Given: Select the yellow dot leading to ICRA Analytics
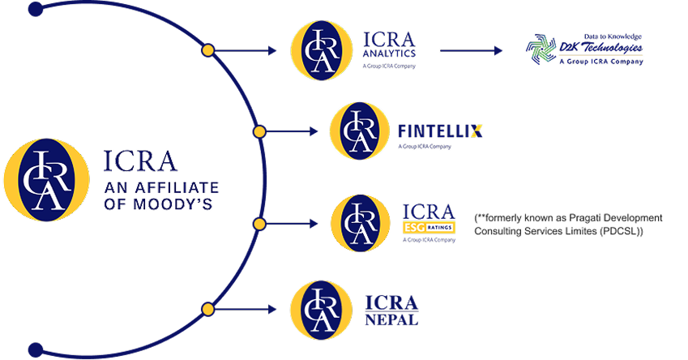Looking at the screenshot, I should [207, 50].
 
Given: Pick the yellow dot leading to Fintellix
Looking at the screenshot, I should [259, 131].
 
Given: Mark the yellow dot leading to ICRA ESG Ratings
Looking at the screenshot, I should [259, 223].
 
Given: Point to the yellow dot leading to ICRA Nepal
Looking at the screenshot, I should [207, 308].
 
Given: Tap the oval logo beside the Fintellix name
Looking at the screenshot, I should [358, 131].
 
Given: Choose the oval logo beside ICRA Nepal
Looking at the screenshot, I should [319, 308].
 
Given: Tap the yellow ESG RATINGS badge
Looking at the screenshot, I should [429, 228].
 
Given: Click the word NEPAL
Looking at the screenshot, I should [391, 320].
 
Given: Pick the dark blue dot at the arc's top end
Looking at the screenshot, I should [34, 11].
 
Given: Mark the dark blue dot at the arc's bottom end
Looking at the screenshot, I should [34, 349].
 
